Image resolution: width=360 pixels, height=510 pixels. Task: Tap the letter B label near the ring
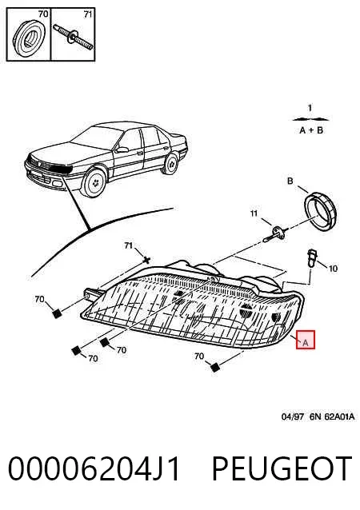click(x=290, y=181)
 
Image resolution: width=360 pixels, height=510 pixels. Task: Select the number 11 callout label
click(x=254, y=213)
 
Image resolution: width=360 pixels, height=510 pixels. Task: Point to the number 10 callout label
click(x=333, y=269)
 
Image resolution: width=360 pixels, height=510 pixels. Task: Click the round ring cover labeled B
click(x=320, y=211)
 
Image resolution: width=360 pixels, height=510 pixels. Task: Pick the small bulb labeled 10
click(x=312, y=258)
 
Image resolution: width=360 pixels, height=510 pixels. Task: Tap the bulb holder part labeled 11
click(x=275, y=233)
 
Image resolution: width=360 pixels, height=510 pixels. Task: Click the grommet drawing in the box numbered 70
click(x=28, y=38)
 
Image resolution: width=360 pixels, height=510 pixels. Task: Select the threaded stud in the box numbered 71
click(x=74, y=38)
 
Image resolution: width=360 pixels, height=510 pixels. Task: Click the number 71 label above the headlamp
click(x=129, y=245)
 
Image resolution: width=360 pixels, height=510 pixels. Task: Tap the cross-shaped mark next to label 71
click(x=146, y=260)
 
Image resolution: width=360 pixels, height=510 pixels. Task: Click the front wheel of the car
click(x=94, y=182)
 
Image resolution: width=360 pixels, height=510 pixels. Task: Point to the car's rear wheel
click(x=171, y=164)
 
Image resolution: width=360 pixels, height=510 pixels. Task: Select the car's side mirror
click(x=122, y=149)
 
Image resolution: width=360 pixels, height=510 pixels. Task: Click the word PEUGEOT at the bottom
click(x=282, y=468)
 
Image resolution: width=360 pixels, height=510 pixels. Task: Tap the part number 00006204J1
click(x=94, y=468)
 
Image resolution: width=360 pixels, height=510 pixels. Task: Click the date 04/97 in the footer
click(x=293, y=416)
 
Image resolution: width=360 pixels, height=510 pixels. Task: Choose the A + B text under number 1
click(x=311, y=130)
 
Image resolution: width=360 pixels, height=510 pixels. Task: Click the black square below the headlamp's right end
click(x=214, y=368)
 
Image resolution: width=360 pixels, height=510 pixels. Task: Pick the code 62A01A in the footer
click(x=339, y=416)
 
